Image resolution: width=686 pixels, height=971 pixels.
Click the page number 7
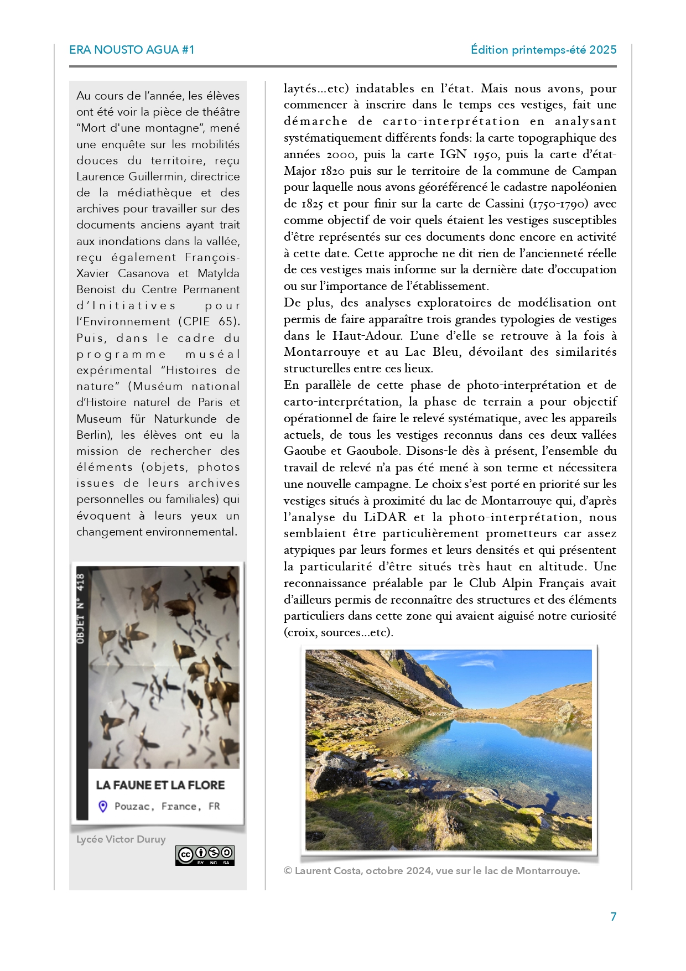tap(613, 917)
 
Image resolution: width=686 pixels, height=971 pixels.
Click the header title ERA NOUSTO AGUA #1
tap(132, 50)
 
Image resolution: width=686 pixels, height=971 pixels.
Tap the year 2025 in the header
tap(602, 50)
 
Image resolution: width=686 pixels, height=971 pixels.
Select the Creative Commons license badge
tap(205, 855)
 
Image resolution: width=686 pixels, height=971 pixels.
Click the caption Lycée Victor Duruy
tap(121, 839)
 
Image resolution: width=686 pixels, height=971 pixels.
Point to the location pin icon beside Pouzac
tap(103, 807)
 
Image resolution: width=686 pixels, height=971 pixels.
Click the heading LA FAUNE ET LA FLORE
tap(160, 785)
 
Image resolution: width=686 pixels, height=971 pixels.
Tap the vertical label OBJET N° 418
tap(81, 609)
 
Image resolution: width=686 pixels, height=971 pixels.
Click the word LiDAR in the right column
tap(385, 517)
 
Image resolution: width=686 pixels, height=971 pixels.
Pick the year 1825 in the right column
tap(312, 204)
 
